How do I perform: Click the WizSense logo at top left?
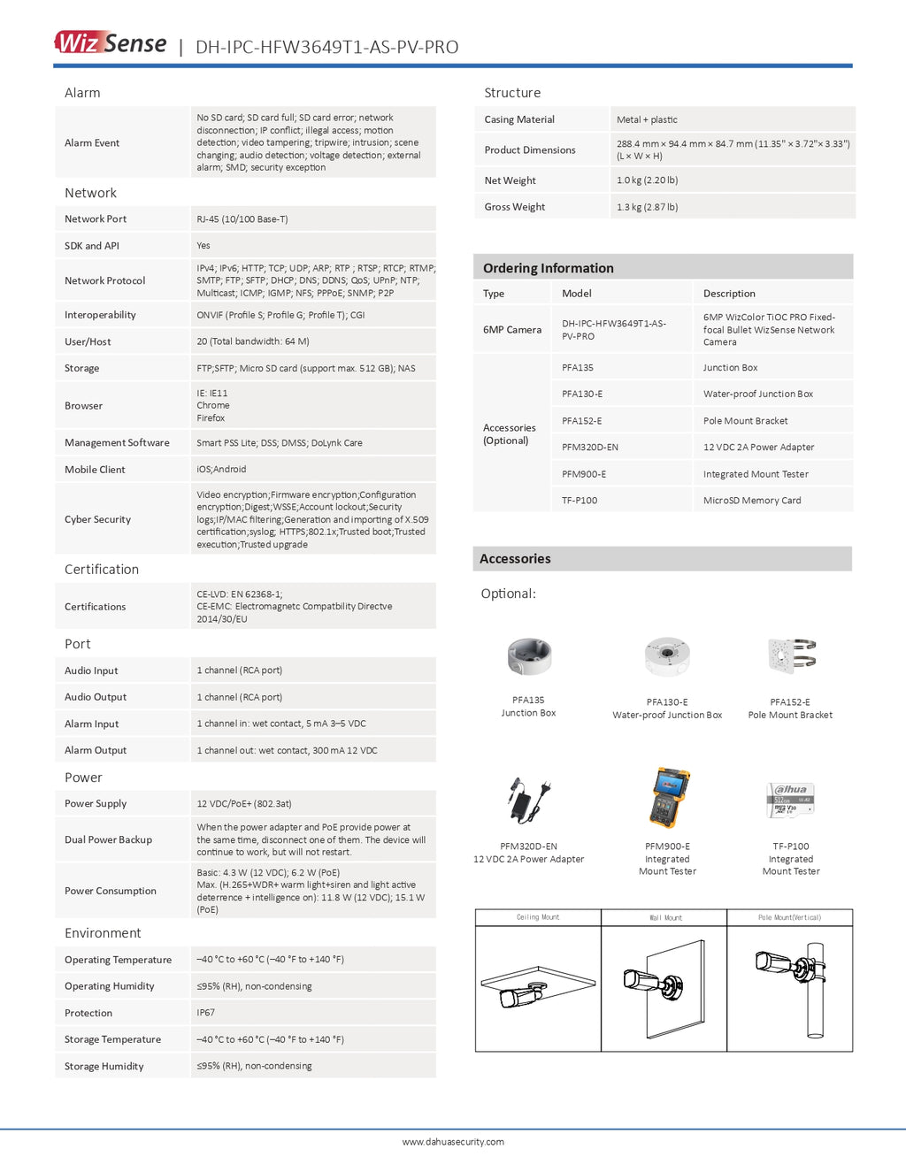(111, 43)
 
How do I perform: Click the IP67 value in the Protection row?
(205, 1013)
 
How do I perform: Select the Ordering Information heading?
(549, 268)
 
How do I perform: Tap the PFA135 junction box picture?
(529, 656)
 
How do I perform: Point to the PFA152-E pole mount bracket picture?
(792, 656)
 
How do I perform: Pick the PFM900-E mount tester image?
(670, 798)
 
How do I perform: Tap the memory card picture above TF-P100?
(790, 800)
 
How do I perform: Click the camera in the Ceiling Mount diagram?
(522, 997)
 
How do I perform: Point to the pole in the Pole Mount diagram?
(815, 991)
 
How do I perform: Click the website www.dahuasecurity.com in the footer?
(453, 1142)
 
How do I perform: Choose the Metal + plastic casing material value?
(647, 119)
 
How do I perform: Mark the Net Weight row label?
(511, 180)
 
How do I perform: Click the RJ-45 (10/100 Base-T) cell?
(242, 219)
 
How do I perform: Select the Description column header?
(729, 294)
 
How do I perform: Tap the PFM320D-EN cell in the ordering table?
(590, 448)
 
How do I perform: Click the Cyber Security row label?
(97, 519)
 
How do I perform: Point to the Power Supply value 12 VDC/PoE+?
(244, 804)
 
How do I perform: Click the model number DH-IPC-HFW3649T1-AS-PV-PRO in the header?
(326, 47)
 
